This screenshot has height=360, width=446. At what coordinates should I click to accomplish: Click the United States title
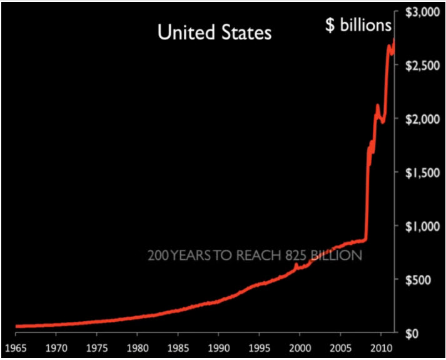click(x=215, y=33)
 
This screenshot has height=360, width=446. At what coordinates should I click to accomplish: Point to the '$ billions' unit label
click(x=358, y=26)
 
